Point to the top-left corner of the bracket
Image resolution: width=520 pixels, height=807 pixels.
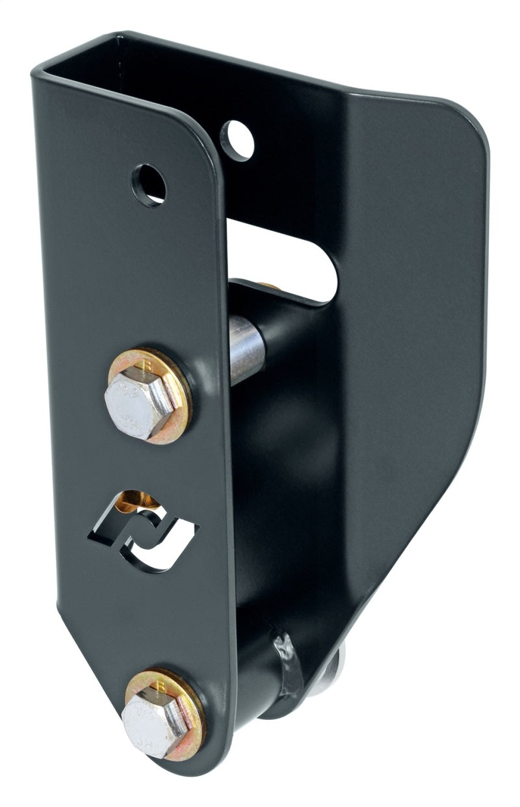[39, 65]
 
